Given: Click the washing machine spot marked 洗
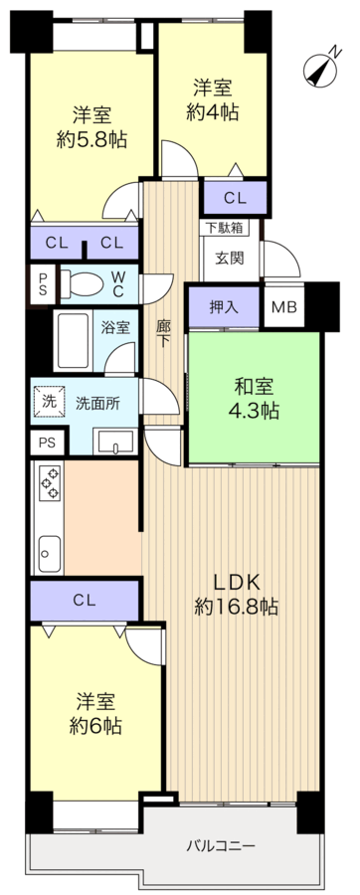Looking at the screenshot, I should pyautogui.click(x=48, y=402).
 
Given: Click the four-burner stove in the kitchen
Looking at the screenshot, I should pyautogui.click(x=49, y=482).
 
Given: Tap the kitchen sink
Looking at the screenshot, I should pyautogui.click(x=49, y=548).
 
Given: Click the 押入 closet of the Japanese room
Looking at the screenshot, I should pyautogui.click(x=224, y=306).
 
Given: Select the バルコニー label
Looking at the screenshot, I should pyautogui.click(x=223, y=846).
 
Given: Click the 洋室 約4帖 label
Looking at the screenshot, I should pyautogui.click(x=212, y=99).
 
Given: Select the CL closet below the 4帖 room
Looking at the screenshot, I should pyautogui.click(x=235, y=197).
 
